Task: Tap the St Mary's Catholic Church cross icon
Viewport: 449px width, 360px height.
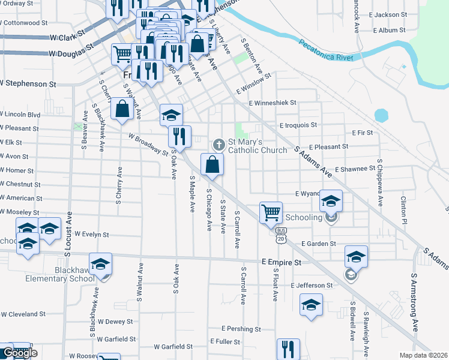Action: [x=219, y=145]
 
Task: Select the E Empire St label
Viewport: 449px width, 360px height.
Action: [x=281, y=262]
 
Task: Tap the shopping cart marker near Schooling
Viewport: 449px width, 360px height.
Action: [x=271, y=212]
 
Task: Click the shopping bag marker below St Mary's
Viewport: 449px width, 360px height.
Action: [x=212, y=164]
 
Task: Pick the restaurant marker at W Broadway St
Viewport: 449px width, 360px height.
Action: [x=179, y=136]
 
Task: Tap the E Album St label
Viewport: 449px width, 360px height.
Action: [x=390, y=30]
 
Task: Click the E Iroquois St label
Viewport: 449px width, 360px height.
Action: [x=298, y=125]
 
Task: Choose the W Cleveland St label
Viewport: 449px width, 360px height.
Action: [x=23, y=314]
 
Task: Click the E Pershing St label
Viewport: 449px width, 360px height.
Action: [x=241, y=329]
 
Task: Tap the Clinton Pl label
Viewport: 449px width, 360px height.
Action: [x=404, y=209]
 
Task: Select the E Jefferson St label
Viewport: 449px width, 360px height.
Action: [x=312, y=286]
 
